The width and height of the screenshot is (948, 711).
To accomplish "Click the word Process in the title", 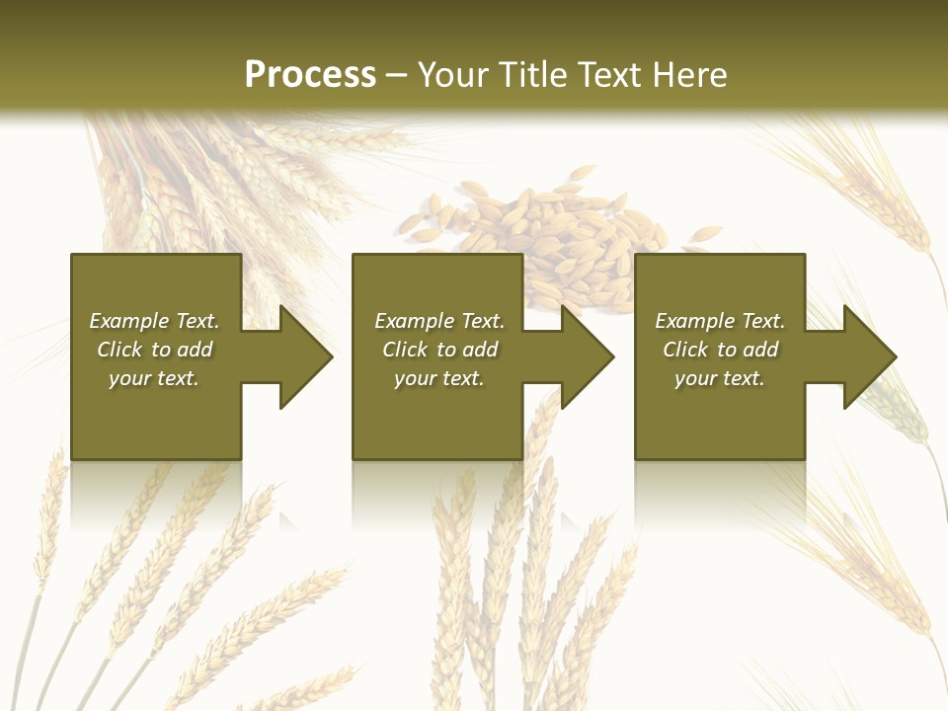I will pos(310,75).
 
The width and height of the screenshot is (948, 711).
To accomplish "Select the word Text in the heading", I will pos(608,75).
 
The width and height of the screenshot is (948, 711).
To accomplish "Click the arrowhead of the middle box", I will pos(586,356).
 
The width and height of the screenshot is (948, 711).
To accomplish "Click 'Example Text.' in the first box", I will pos(154,321).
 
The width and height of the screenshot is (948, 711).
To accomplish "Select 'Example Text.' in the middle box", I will pos(438,321).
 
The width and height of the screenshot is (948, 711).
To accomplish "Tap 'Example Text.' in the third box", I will pos(720,321).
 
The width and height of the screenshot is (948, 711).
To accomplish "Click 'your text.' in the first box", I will pos(154,378).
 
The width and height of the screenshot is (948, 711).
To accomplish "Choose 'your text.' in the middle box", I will pos(438,378).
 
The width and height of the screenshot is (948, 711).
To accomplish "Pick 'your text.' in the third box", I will pos(720,378).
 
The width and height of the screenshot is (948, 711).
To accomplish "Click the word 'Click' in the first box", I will pos(119,350).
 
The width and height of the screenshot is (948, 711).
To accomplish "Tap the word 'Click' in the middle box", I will pos(405,350).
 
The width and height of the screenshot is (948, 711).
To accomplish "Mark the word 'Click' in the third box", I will pos(685,350).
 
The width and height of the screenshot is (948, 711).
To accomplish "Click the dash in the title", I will pos(396,76).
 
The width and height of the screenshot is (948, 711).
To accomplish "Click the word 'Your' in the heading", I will pos(452,75).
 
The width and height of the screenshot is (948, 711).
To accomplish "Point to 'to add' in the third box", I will pos(748,350).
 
